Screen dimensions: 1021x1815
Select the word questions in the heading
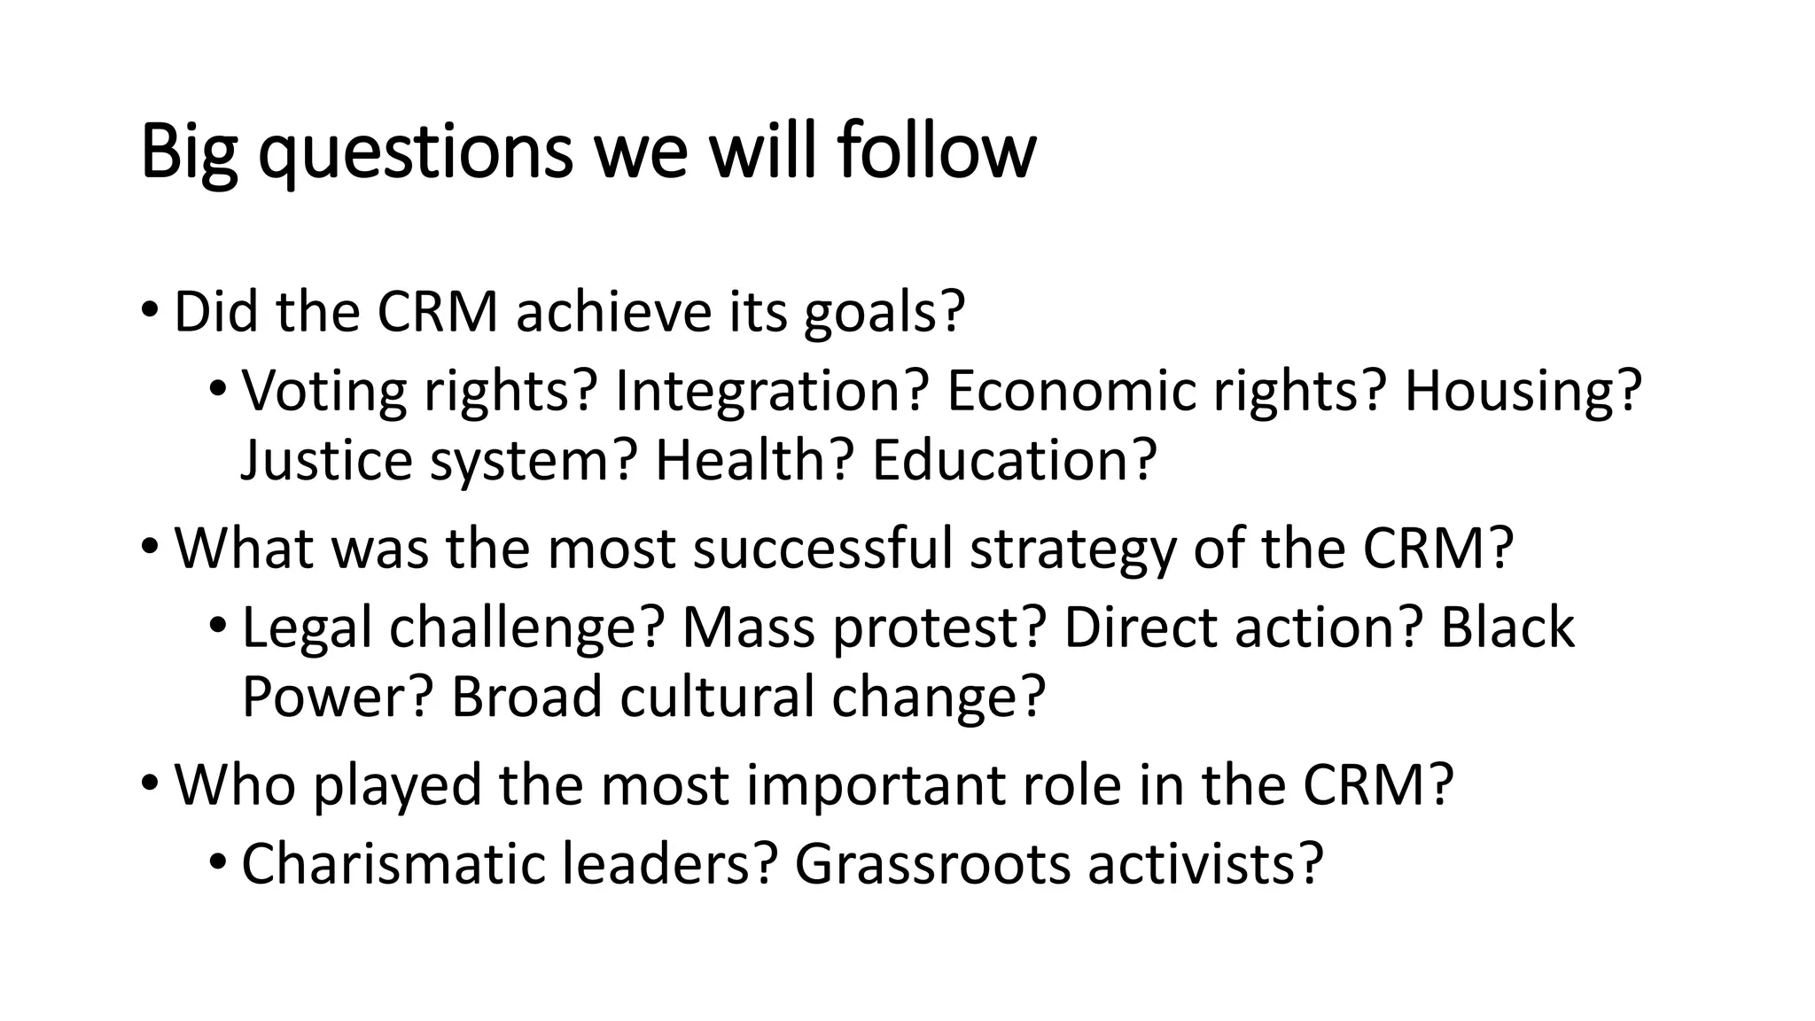pos(416,152)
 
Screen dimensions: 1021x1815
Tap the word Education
pos(1014,460)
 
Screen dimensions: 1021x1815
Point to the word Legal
pos(307,628)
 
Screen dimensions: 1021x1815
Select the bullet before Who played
pos(149,785)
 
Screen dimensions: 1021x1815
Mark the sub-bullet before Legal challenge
pos(217,628)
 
